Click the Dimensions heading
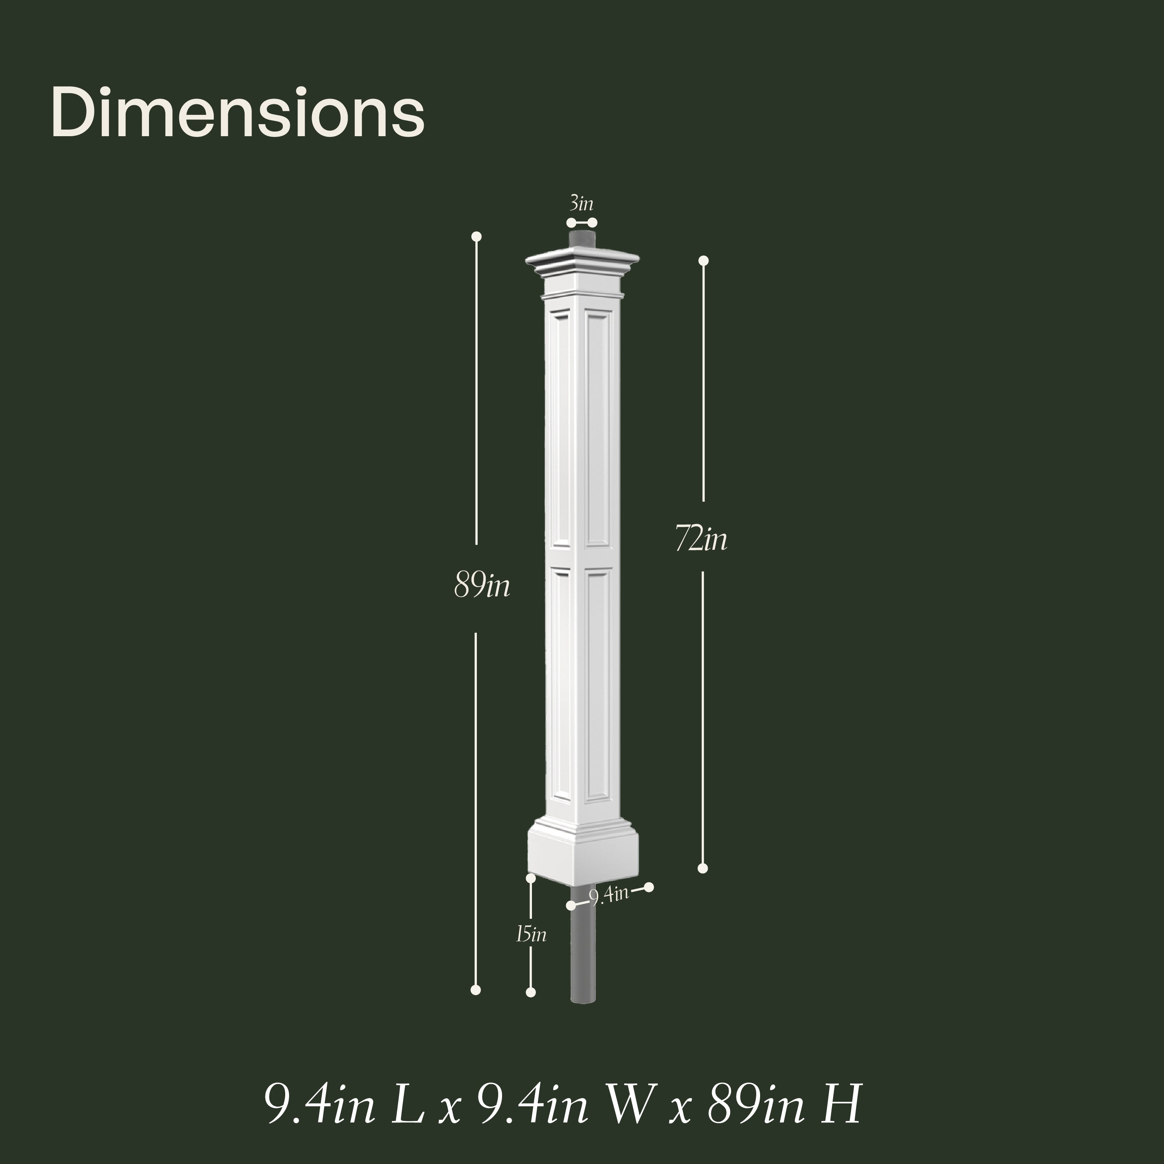click(x=238, y=112)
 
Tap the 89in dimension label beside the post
click(x=482, y=586)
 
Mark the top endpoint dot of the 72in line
click(x=703, y=260)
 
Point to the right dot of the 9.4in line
click(x=649, y=887)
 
